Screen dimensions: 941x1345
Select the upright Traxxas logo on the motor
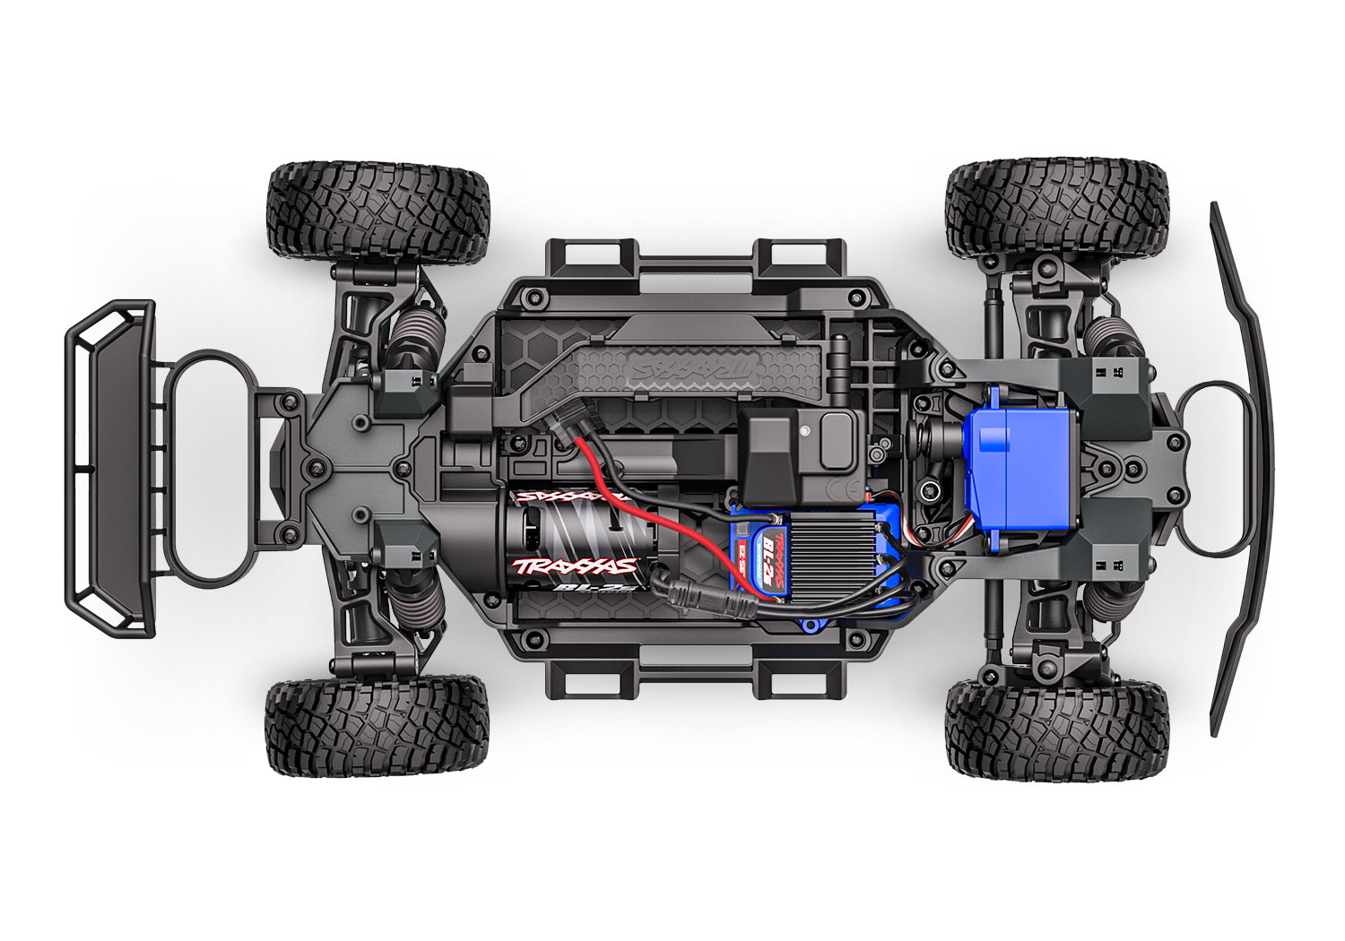coord(574,565)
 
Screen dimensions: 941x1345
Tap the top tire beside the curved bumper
coord(1058,208)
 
